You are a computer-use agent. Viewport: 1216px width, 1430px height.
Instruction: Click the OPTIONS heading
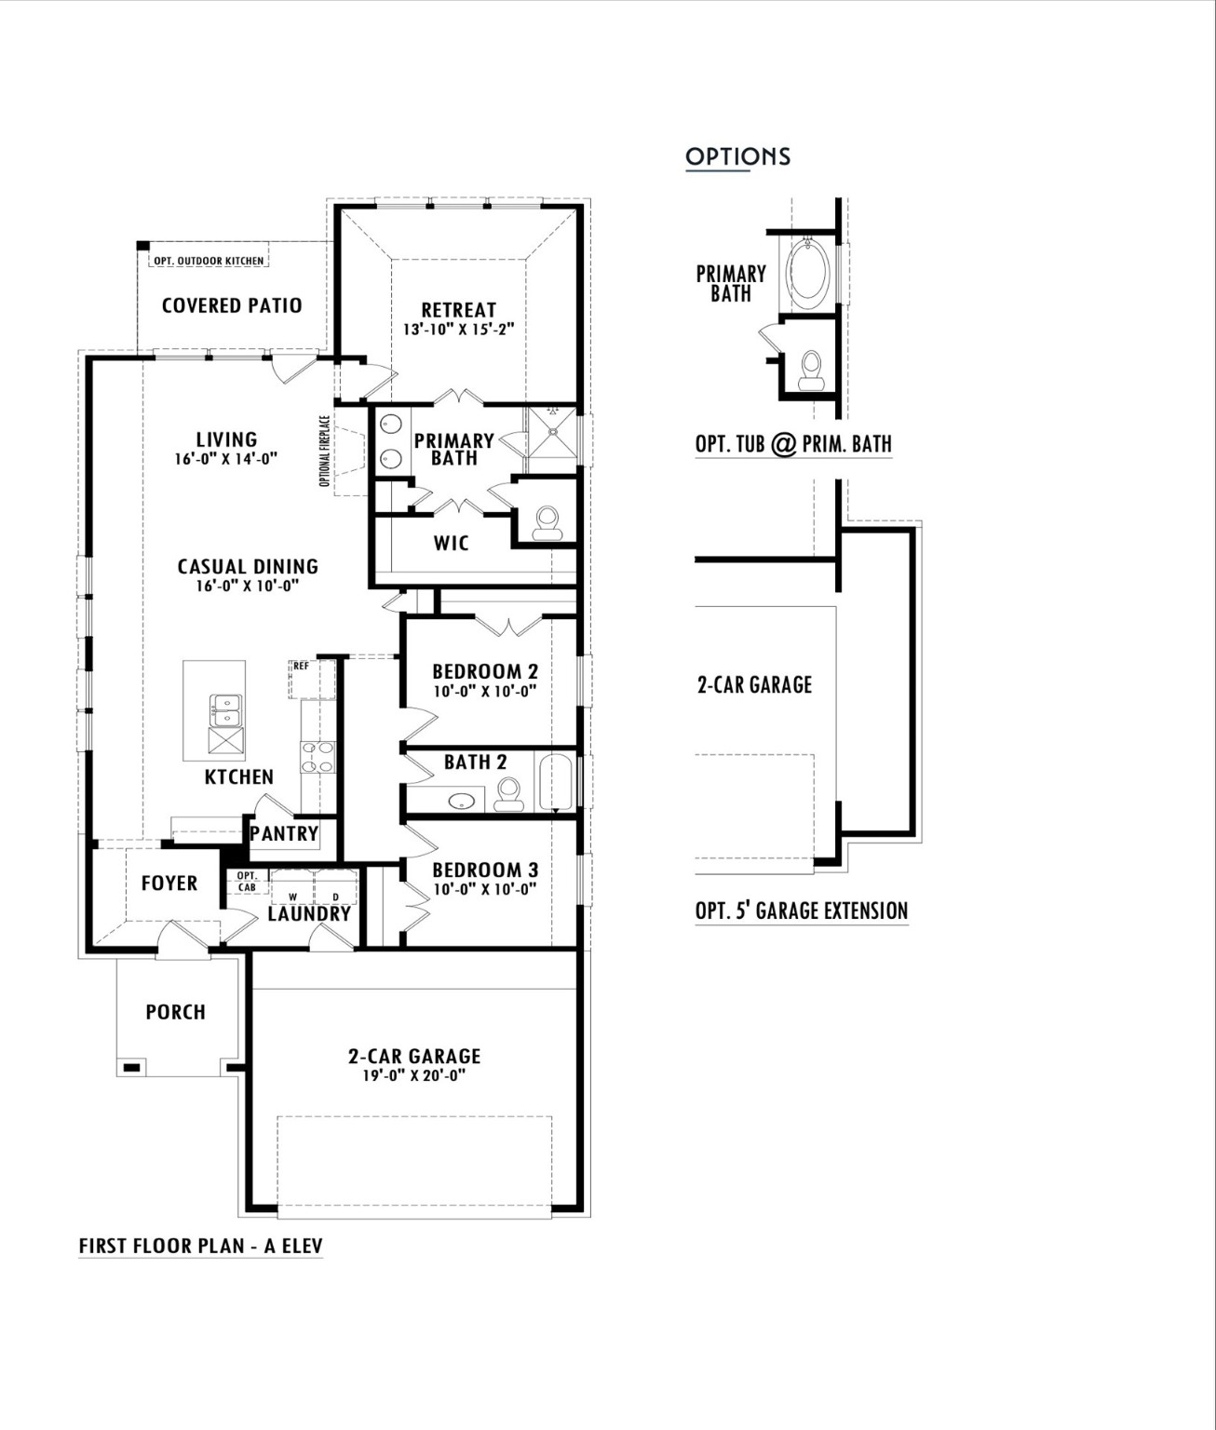point(737,156)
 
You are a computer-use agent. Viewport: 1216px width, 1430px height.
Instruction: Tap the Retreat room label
point(458,310)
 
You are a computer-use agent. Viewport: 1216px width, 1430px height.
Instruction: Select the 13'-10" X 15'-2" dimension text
point(458,330)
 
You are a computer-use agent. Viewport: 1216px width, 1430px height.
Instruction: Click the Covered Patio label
point(232,305)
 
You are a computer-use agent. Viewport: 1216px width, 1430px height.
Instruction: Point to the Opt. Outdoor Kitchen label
point(209,261)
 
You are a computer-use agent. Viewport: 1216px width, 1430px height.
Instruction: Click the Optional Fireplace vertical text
point(324,451)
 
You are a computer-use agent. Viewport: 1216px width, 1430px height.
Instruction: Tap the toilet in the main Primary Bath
point(547,523)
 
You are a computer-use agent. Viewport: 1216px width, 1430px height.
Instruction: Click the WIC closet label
point(452,543)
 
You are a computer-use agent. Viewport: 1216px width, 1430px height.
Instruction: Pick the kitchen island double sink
point(225,710)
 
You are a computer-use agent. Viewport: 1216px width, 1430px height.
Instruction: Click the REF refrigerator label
point(301,667)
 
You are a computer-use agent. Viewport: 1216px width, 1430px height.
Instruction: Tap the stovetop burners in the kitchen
point(318,757)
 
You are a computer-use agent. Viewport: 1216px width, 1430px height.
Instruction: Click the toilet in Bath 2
point(508,794)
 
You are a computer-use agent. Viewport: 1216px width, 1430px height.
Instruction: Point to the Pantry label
point(284,833)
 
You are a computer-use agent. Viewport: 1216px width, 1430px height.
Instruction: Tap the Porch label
point(175,1012)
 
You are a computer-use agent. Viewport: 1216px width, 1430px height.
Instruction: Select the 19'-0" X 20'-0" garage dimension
point(414,1076)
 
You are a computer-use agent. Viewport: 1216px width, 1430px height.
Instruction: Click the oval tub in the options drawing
point(807,272)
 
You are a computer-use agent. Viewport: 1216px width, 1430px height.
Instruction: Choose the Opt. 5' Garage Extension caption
point(801,911)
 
